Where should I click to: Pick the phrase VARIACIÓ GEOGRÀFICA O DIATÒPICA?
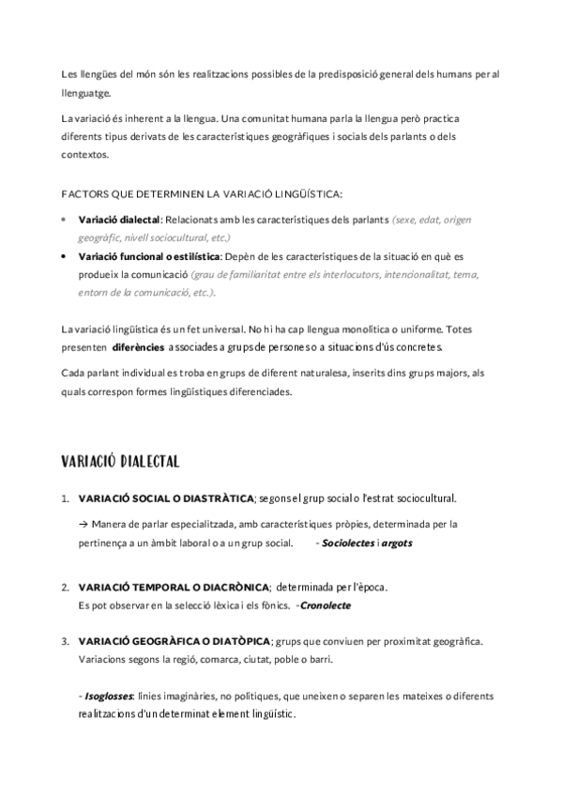tap(175, 641)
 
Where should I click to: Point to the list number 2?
tap(65, 589)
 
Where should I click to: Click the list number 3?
tap(65, 642)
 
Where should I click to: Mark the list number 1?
tap(65, 498)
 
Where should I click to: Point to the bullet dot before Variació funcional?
tap(63, 255)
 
